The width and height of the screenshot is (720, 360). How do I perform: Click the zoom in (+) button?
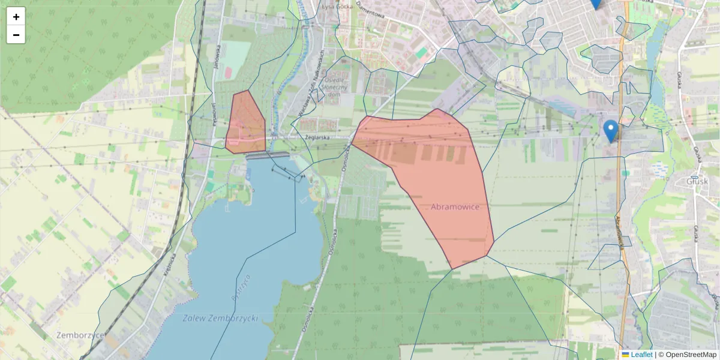[16, 17]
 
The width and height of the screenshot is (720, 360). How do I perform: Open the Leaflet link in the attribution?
[641, 355]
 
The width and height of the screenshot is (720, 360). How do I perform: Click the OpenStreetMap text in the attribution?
[691, 355]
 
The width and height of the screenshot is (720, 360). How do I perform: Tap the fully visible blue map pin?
[611, 130]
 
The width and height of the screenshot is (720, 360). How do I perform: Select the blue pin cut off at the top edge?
[595, 4]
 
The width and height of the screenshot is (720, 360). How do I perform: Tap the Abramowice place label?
[455, 207]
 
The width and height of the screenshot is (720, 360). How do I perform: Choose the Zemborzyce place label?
[80, 335]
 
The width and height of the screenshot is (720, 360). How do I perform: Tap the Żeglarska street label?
[319, 137]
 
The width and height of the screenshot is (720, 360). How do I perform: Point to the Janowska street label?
[217, 61]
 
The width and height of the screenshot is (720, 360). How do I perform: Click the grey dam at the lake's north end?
[268, 156]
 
